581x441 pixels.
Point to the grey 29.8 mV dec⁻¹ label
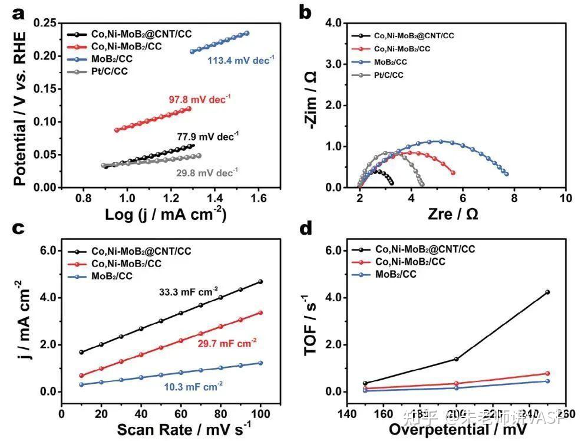tap(206, 173)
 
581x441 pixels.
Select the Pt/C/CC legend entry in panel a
tap(109, 71)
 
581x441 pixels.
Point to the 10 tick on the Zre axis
tap(565, 199)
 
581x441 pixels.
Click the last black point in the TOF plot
tap(547, 292)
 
